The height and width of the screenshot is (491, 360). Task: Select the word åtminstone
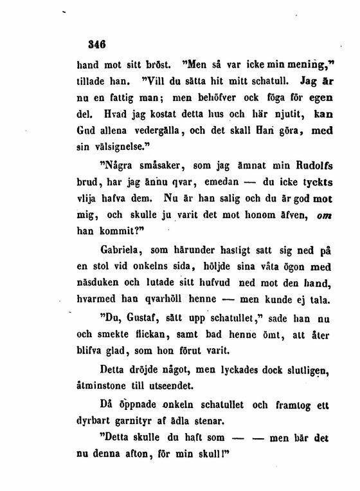105,387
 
